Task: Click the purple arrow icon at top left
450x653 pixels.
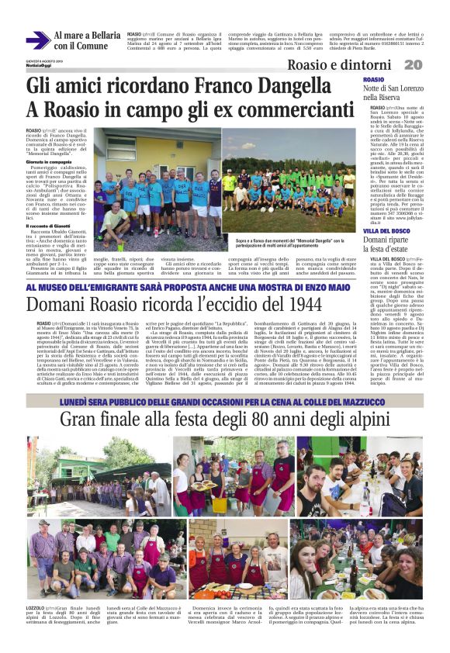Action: coord(37,40)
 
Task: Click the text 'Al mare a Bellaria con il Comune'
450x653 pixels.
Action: coord(86,40)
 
